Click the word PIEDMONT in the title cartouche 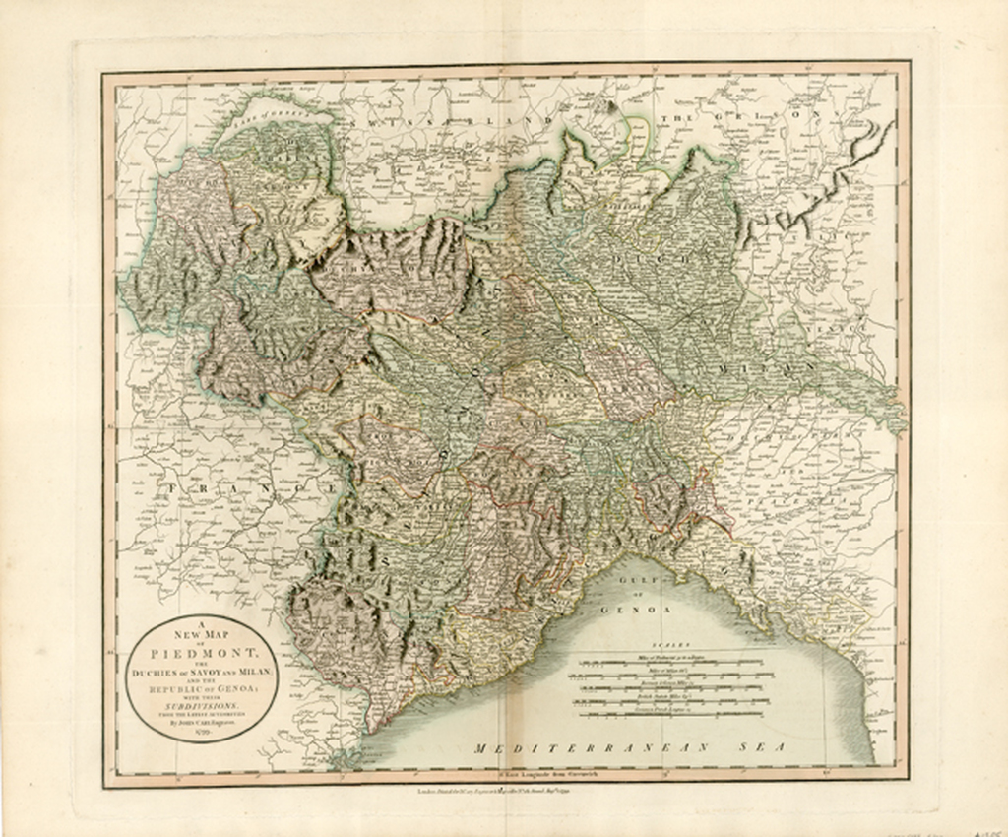tap(203, 655)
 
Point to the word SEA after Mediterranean tap(764, 749)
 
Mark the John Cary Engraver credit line tap(203, 721)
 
